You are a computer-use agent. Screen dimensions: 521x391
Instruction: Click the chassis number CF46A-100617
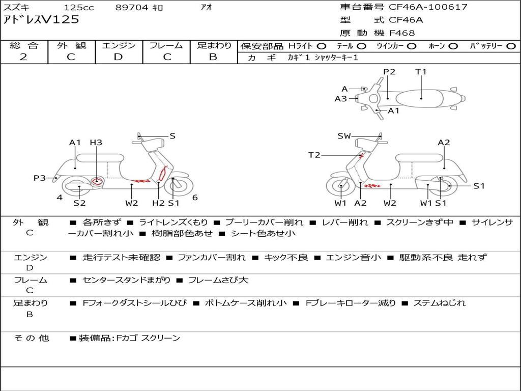[428, 7]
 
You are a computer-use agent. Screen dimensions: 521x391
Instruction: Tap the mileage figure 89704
[132, 7]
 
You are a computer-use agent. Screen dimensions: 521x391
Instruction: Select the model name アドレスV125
[41, 20]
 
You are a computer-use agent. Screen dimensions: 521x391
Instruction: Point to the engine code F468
[402, 33]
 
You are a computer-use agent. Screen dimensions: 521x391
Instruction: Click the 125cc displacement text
[79, 7]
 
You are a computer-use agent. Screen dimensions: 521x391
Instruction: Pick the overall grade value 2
[23, 57]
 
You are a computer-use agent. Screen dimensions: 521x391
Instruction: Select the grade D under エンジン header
[118, 57]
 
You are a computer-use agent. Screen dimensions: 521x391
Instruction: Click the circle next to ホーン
[453, 46]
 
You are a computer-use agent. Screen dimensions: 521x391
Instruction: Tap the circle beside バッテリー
[511, 46]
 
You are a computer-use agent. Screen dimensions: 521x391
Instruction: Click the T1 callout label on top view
[421, 71]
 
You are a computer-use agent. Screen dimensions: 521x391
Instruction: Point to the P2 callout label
[389, 71]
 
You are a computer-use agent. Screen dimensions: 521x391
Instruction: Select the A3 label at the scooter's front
[340, 99]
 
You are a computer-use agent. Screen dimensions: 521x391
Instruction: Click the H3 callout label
[96, 143]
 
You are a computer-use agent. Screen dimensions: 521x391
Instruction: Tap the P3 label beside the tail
[40, 178]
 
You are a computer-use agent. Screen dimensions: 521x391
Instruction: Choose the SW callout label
[344, 136]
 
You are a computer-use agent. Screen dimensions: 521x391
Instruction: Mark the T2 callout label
[314, 155]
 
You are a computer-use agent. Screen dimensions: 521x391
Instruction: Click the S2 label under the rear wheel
[79, 203]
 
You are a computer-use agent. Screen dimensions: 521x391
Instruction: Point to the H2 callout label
[158, 203]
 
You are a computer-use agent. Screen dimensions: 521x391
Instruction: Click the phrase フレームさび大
[218, 281]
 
